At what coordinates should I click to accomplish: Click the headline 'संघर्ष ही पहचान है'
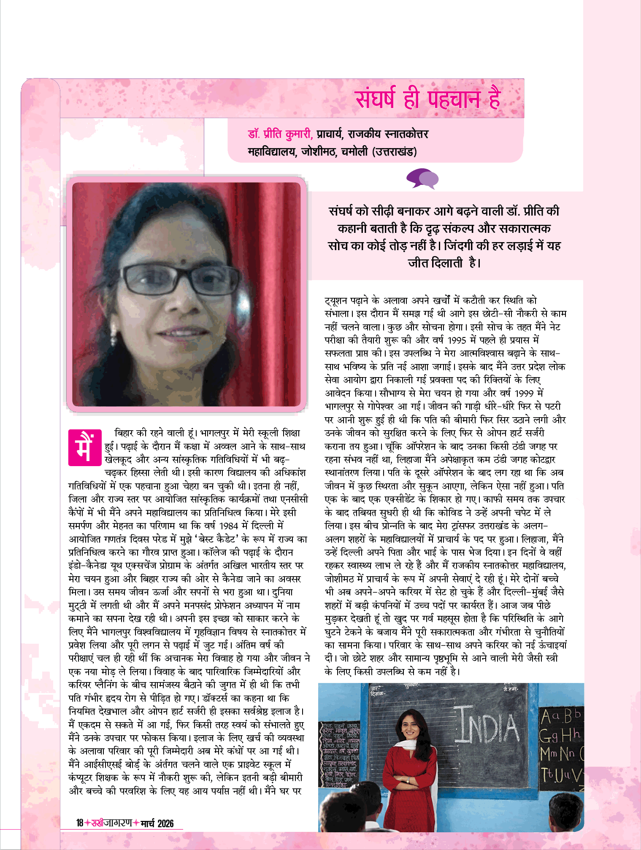(427, 100)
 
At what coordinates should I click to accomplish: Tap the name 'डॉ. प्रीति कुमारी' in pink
(280, 134)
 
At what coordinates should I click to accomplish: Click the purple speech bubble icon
(422, 178)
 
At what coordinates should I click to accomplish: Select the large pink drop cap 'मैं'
(85, 447)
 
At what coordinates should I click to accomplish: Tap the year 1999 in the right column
(525, 393)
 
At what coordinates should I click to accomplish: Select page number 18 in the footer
(80, 823)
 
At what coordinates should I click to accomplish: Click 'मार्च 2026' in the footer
(157, 823)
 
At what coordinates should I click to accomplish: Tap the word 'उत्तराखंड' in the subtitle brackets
(395, 151)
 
